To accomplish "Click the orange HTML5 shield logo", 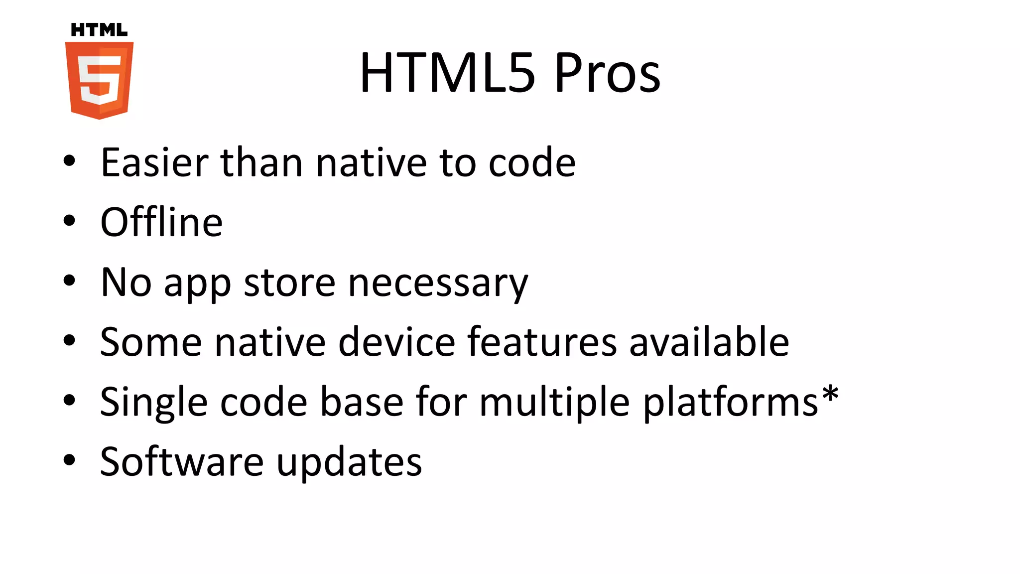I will (x=99, y=80).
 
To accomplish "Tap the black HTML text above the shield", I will (x=99, y=30).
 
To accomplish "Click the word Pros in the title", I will (x=607, y=73).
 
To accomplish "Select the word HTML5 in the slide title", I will (x=447, y=73).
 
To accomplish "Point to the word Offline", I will (x=161, y=222).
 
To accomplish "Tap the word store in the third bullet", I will (x=289, y=283).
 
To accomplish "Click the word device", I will (x=396, y=342).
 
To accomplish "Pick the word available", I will (x=709, y=342).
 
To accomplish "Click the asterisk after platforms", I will (x=830, y=394).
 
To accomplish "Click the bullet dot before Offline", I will (x=69, y=221).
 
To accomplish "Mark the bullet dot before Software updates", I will (x=69, y=460).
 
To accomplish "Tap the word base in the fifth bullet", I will (x=362, y=402).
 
